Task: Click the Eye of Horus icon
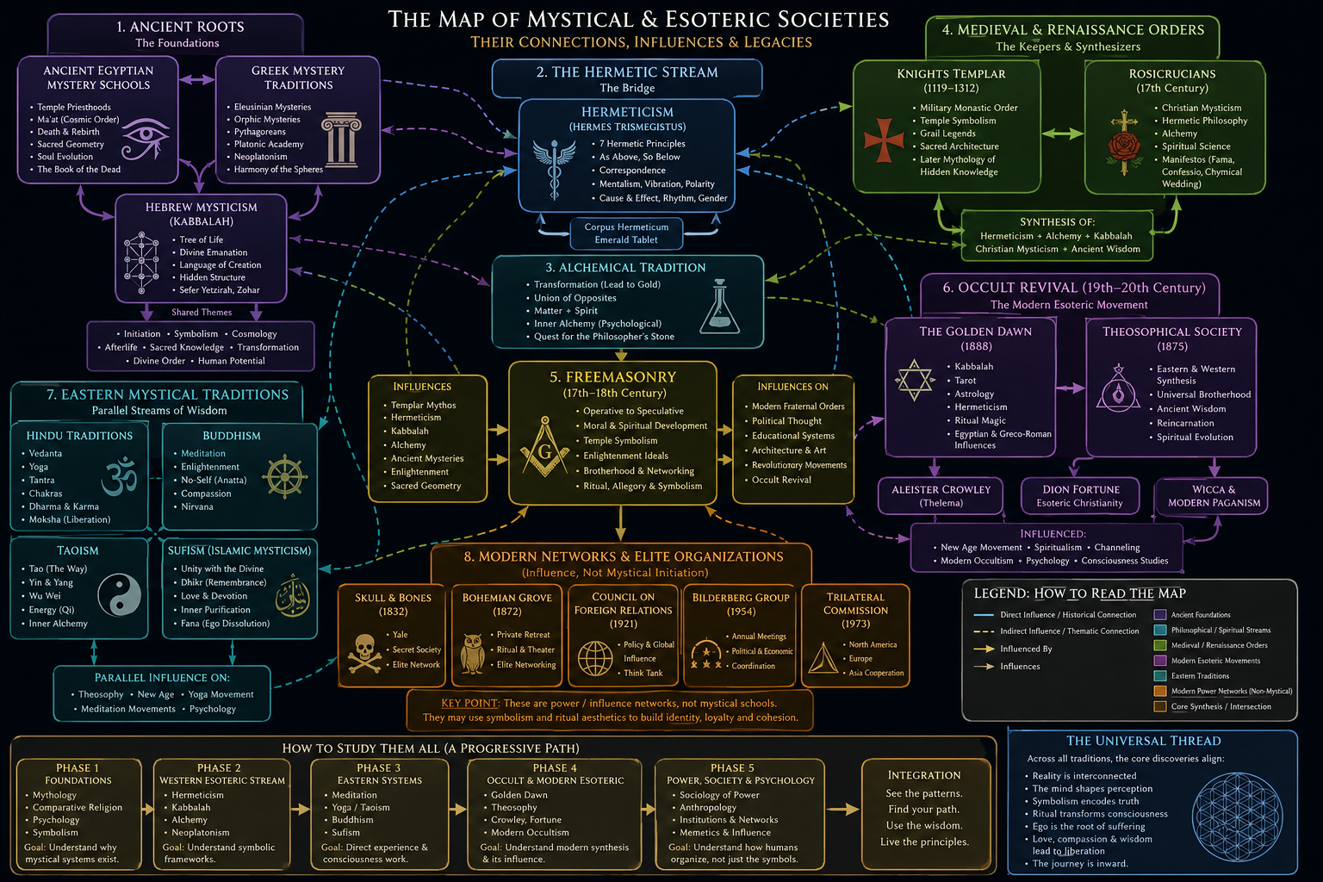146,139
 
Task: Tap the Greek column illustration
341,140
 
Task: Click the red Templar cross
884,140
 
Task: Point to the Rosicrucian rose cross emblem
1124,142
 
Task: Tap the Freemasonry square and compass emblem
544,447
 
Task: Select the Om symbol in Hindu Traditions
120,476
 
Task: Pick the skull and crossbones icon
364,654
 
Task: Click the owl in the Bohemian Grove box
473,654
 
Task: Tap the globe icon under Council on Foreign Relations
595,658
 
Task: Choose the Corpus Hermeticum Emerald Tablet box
626,233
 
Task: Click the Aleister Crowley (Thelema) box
941,495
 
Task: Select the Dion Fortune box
1080,495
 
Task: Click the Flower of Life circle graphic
1237,818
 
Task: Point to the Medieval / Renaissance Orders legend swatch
1160,645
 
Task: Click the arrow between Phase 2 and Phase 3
300,809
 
